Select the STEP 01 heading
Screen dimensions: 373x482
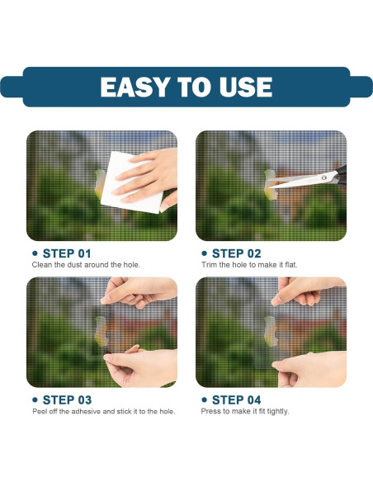click(67, 253)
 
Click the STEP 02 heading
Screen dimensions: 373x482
click(236, 253)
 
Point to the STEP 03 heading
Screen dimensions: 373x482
click(67, 400)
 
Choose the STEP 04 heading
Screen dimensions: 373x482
click(236, 400)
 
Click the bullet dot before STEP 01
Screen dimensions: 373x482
click(35, 253)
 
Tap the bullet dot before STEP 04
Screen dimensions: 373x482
click(205, 400)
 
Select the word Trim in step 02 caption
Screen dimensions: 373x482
click(210, 265)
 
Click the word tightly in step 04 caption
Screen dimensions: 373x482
click(278, 411)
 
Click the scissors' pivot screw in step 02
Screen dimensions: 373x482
click(323, 177)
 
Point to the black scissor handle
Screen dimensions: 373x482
click(342, 174)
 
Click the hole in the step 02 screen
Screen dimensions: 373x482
click(270, 184)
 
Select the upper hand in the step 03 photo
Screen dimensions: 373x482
click(139, 291)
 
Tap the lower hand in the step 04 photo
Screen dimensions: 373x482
click(309, 369)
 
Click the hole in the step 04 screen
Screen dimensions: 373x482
click(271, 331)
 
